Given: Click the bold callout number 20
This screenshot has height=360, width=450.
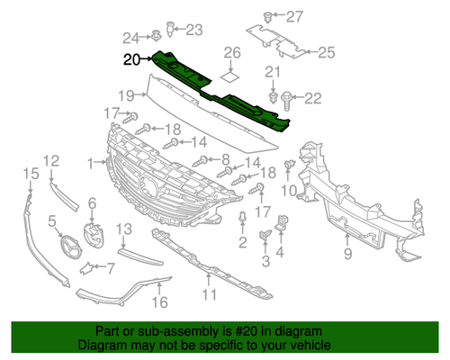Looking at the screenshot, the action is [x=132, y=59].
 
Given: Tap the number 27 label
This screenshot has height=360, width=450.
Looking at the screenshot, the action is [x=294, y=17].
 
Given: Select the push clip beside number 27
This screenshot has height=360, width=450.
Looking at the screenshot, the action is [x=267, y=17].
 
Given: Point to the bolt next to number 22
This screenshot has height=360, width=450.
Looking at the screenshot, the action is [x=285, y=101].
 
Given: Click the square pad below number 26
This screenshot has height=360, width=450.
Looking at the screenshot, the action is [x=230, y=76].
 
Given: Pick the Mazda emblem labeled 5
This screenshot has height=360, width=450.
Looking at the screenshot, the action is [x=71, y=247].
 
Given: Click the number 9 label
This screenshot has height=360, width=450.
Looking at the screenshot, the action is [x=347, y=254].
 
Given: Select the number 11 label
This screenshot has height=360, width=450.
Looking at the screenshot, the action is [x=209, y=295].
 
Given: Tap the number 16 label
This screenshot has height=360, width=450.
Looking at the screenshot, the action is [x=159, y=302].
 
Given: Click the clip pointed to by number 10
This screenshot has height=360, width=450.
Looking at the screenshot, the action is [x=289, y=165].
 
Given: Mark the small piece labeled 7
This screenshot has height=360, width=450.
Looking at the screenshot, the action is [x=85, y=268].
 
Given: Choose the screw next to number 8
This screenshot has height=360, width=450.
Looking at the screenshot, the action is [x=200, y=161].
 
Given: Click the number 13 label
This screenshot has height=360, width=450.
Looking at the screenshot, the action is [x=124, y=229].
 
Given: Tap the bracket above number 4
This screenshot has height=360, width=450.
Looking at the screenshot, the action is [x=282, y=222].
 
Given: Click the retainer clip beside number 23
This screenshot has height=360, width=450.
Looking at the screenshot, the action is [x=170, y=29].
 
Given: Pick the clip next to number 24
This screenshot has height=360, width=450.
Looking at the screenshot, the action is [x=156, y=36].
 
